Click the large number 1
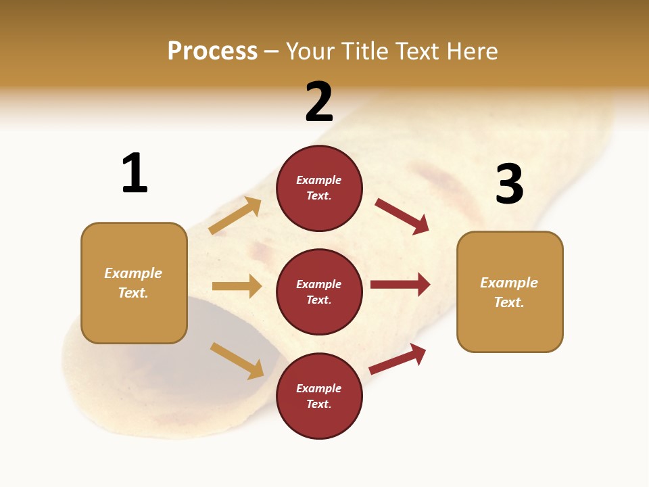[x=135, y=174]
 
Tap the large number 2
[x=319, y=102]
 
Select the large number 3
[x=509, y=184]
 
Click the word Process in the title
[x=212, y=51]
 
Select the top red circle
[x=319, y=187]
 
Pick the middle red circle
[x=319, y=292]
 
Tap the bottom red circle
[x=319, y=396]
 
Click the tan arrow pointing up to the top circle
[x=235, y=216]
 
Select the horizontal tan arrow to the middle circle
[x=237, y=286]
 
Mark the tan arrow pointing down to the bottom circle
[x=237, y=361]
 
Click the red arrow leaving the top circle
[x=402, y=216]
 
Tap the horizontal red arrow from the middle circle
[x=400, y=284]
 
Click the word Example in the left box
[x=133, y=273]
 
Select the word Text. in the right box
[x=509, y=302]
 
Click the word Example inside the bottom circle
[x=319, y=388]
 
